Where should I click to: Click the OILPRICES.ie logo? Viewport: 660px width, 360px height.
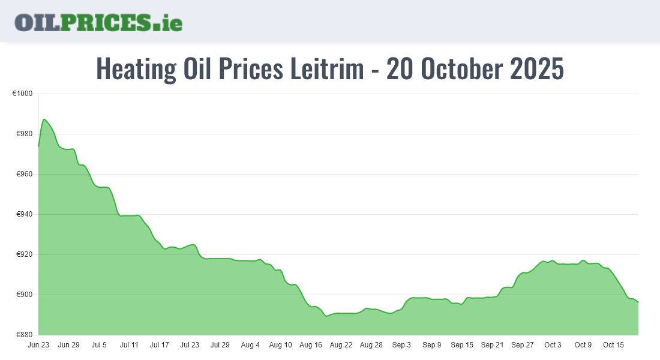tap(98, 22)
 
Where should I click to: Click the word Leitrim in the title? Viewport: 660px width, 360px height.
tap(327, 69)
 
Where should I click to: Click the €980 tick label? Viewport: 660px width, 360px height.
tap(23, 134)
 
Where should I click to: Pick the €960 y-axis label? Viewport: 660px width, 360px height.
tap(23, 175)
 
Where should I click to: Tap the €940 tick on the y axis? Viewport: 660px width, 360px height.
tap(23, 215)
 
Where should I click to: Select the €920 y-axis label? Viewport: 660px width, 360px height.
tap(23, 255)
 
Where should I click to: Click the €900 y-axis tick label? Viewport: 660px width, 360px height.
tap(23, 295)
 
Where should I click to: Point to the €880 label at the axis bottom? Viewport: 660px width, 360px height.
tap(23, 335)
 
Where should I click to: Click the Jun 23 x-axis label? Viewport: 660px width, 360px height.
tap(38, 345)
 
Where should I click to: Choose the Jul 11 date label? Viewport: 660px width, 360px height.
tap(129, 345)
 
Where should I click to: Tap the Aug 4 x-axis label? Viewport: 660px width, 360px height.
tap(250, 345)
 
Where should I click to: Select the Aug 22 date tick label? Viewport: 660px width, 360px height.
tap(341, 345)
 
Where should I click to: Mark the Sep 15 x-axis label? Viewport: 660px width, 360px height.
tap(462, 345)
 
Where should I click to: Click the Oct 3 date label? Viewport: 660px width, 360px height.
tap(553, 345)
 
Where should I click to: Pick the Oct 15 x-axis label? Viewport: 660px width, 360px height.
tap(613, 345)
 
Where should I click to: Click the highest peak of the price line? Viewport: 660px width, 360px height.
tap(44, 119)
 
